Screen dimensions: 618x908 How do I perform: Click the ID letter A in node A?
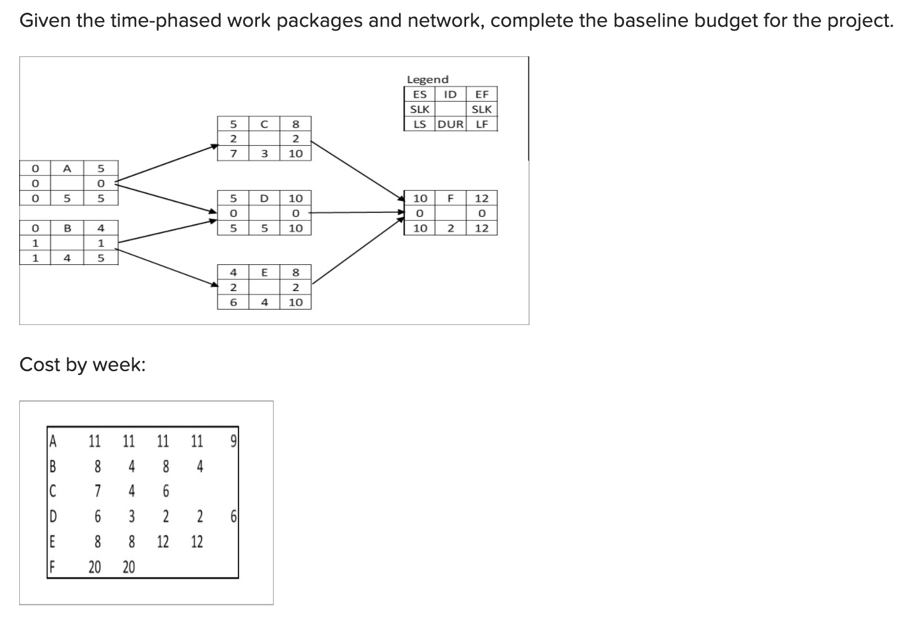67,168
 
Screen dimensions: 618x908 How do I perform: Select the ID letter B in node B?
67,228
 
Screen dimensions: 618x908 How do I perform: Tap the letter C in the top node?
263,123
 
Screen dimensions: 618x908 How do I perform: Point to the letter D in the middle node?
263,198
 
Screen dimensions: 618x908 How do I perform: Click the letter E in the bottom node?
263,272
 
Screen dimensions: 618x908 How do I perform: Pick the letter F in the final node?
450,198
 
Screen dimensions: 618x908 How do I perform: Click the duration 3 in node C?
263,154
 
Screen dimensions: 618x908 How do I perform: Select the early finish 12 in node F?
481,198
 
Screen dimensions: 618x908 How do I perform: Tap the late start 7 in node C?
233,154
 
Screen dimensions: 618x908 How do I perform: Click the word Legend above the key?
428,79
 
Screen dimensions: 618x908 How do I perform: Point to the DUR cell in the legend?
451,124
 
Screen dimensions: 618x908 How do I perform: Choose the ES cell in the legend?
420,94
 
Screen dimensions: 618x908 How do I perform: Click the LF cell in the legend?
481,124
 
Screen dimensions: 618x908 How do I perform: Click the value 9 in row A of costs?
233,440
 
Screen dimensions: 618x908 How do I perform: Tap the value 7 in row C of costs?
97,491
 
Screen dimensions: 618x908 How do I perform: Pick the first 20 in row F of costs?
95,567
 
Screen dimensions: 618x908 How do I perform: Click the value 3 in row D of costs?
131,516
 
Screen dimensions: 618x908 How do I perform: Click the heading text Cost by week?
82,365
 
